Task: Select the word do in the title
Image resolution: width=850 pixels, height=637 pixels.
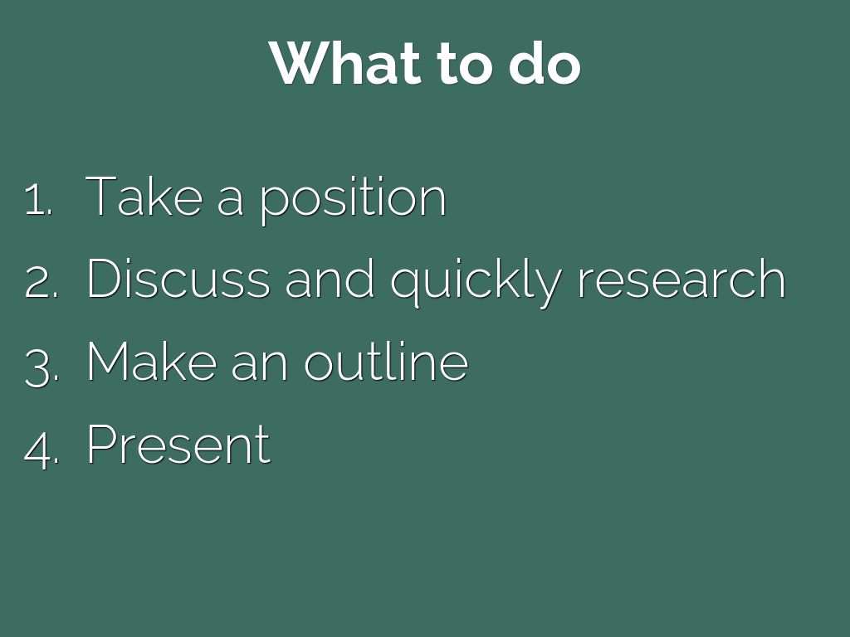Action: click(545, 62)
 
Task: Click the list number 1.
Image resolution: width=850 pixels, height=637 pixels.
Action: click(38, 199)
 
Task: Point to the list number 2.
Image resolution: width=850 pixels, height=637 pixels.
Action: click(42, 283)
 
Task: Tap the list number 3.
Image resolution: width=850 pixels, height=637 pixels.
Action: click(42, 367)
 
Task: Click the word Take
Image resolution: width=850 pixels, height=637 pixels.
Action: click(144, 196)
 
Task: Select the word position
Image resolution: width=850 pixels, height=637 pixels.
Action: click(351, 200)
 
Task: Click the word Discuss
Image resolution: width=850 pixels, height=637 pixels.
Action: click(178, 278)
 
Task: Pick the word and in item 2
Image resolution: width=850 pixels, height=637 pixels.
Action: click(330, 278)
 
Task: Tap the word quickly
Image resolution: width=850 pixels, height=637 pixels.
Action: click(476, 282)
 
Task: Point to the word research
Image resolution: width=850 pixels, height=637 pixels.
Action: click(681, 278)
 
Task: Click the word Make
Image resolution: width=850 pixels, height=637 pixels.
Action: click(151, 362)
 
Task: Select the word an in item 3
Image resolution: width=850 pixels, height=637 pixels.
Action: click(259, 366)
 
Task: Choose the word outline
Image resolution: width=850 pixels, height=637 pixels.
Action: click(386, 362)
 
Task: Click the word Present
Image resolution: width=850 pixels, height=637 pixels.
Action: click(179, 445)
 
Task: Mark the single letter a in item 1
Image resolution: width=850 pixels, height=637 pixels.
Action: click(230, 200)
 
